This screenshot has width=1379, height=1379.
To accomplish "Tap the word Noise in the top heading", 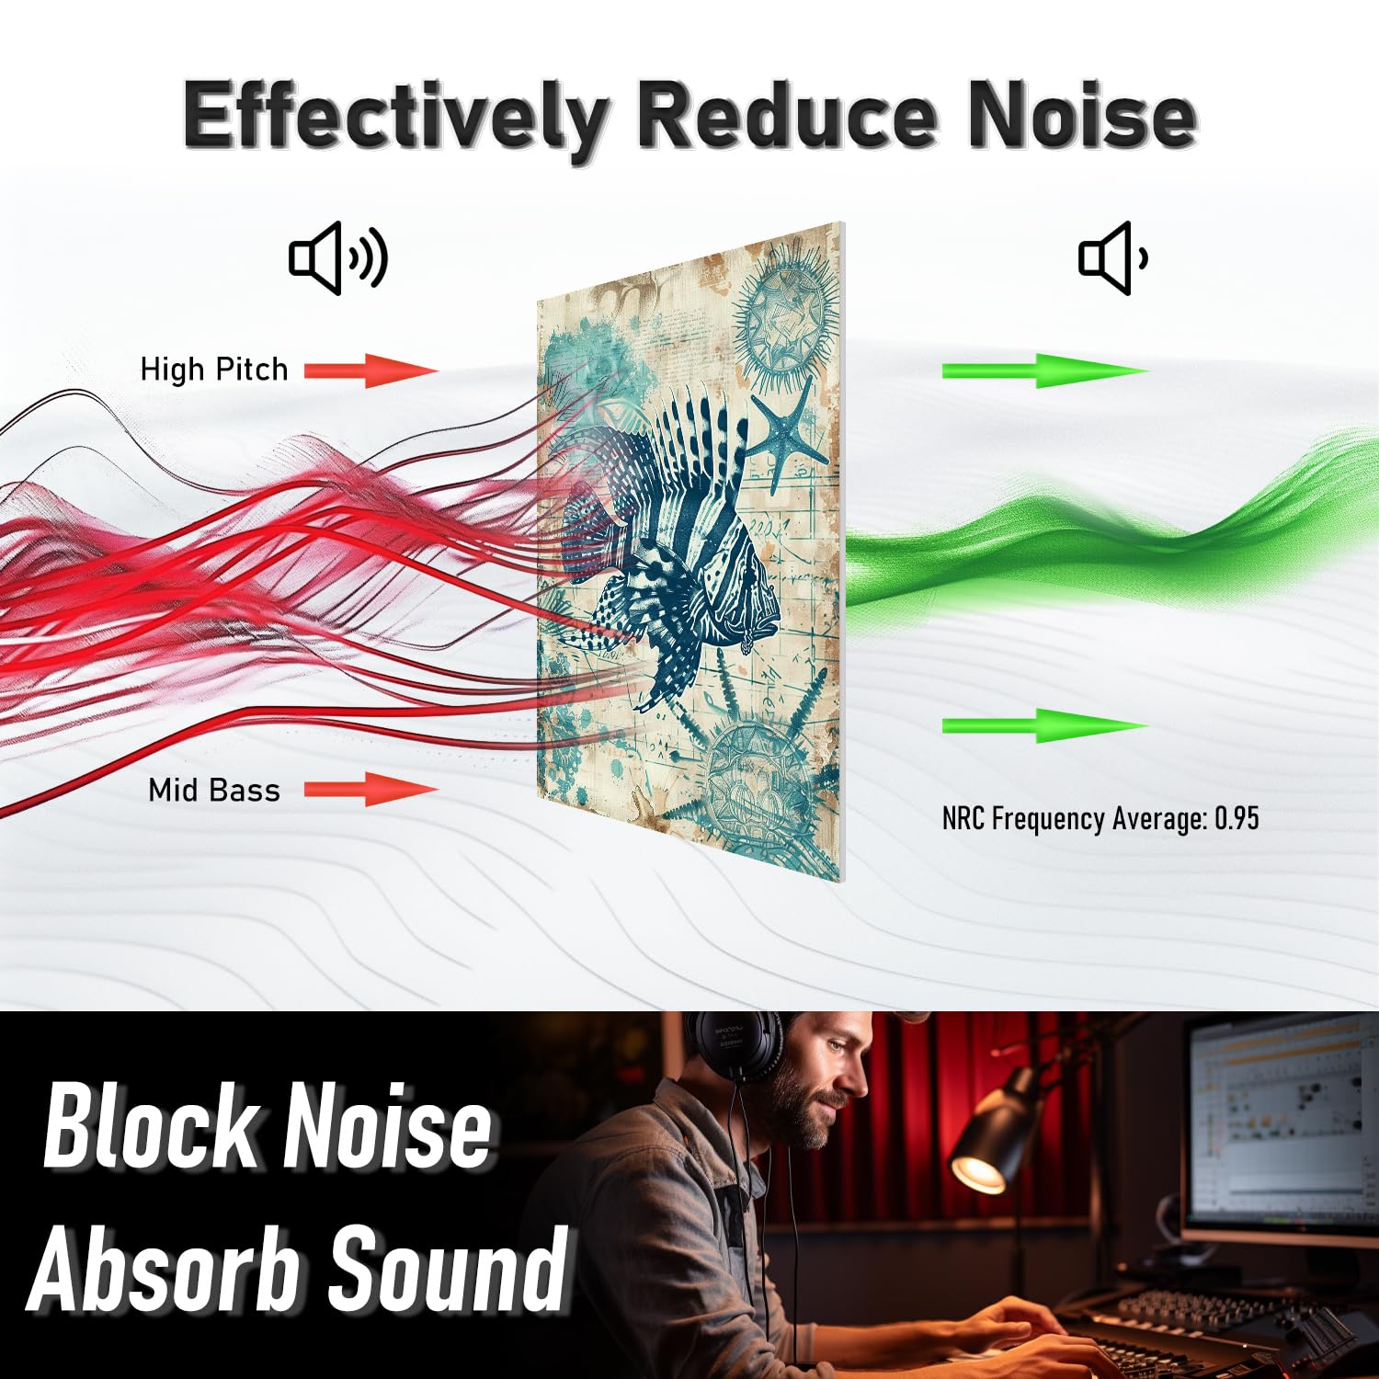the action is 1082,114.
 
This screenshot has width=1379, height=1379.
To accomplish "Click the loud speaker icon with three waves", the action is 338,257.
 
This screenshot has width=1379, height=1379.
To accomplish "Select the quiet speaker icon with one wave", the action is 1113,258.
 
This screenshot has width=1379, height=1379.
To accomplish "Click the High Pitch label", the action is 214,370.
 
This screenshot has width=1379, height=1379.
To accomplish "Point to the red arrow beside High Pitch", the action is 371,370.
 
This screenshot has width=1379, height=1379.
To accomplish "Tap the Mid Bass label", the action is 214,790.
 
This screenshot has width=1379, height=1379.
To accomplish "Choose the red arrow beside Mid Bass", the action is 371,790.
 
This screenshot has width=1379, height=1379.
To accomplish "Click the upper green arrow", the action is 1045,370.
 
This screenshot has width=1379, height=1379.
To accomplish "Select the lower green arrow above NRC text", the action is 1045,725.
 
